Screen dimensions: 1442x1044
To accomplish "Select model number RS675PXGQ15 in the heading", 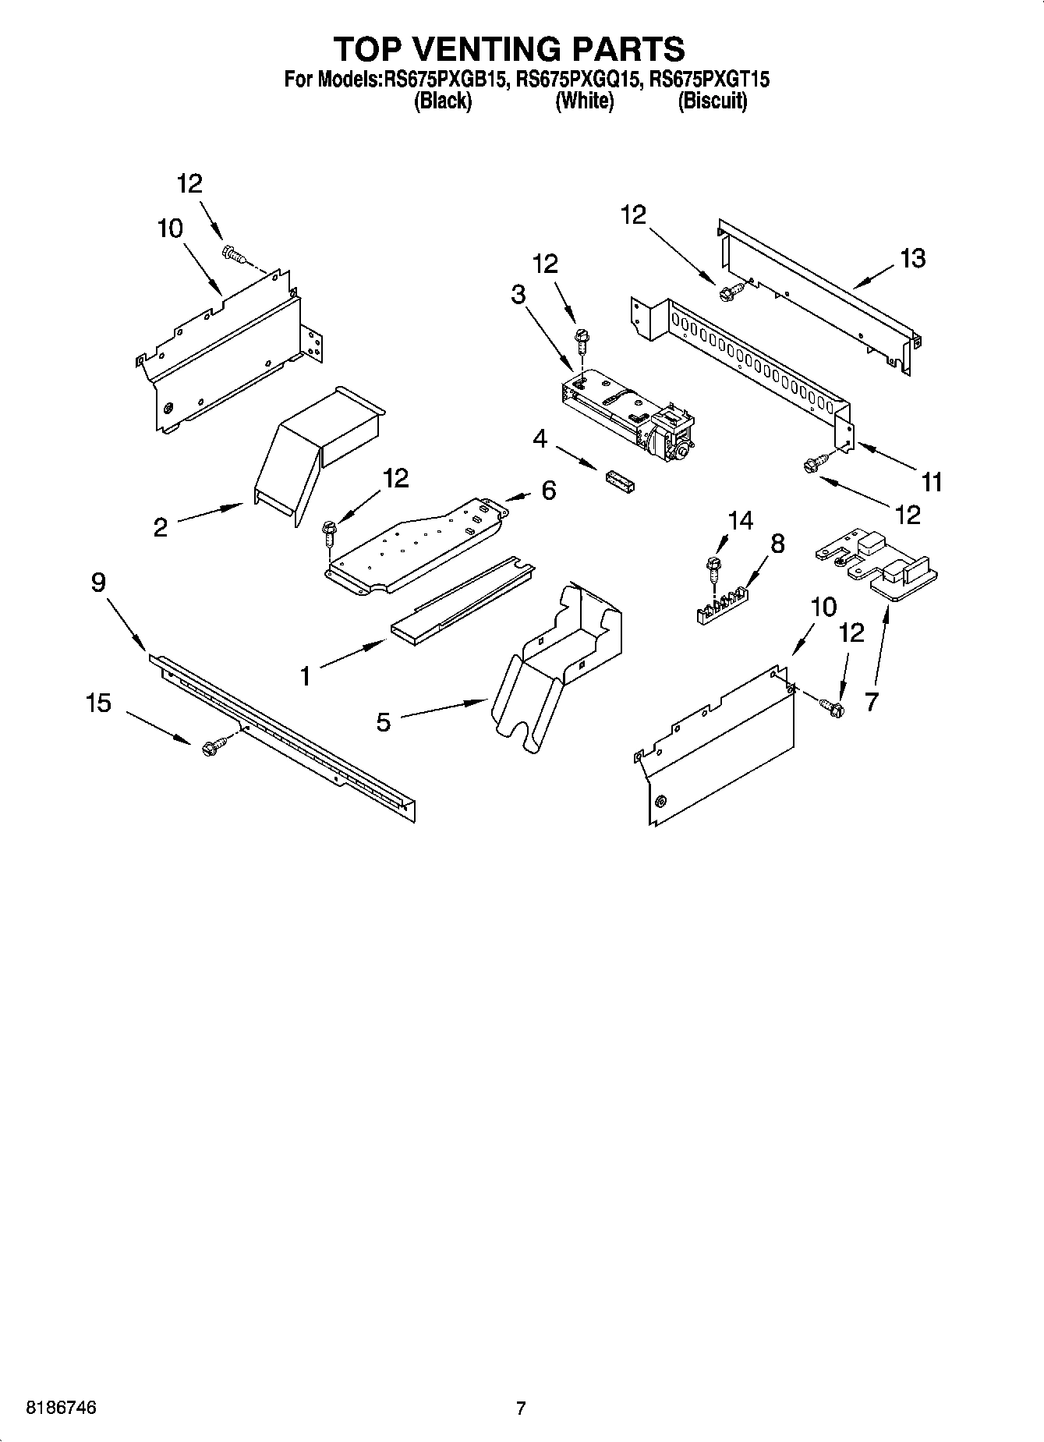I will click(578, 80).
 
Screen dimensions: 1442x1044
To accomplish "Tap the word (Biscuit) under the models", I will click(713, 101).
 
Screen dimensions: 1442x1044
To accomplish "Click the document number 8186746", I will click(62, 1408).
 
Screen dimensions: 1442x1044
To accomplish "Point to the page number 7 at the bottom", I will click(521, 1408).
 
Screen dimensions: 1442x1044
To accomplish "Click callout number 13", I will click(912, 258).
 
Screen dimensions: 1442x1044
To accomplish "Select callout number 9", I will click(98, 583).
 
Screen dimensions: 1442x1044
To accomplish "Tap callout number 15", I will click(98, 703).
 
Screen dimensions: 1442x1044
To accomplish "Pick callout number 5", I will click(383, 722).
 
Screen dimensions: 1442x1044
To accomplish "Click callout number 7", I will click(871, 701).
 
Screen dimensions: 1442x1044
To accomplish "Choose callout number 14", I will click(740, 520).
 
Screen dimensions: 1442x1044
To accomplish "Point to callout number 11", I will click(932, 482).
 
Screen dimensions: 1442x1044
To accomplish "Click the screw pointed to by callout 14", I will click(712, 567).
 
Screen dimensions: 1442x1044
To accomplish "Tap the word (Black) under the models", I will click(443, 101).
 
